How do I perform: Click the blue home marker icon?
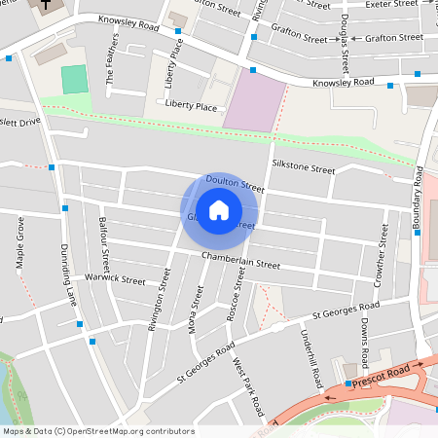pyautogui.click(x=219, y=209)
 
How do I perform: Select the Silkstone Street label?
pyautogui.click(x=304, y=168)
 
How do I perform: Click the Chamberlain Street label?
pyautogui.click(x=240, y=264)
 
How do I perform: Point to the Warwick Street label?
pyautogui.click(x=115, y=279)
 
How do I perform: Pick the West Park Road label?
pyautogui.click(x=248, y=385)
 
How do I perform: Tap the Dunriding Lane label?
pyautogui.click(x=69, y=274)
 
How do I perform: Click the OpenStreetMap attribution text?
pyautogui.click(x=97, y=430)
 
